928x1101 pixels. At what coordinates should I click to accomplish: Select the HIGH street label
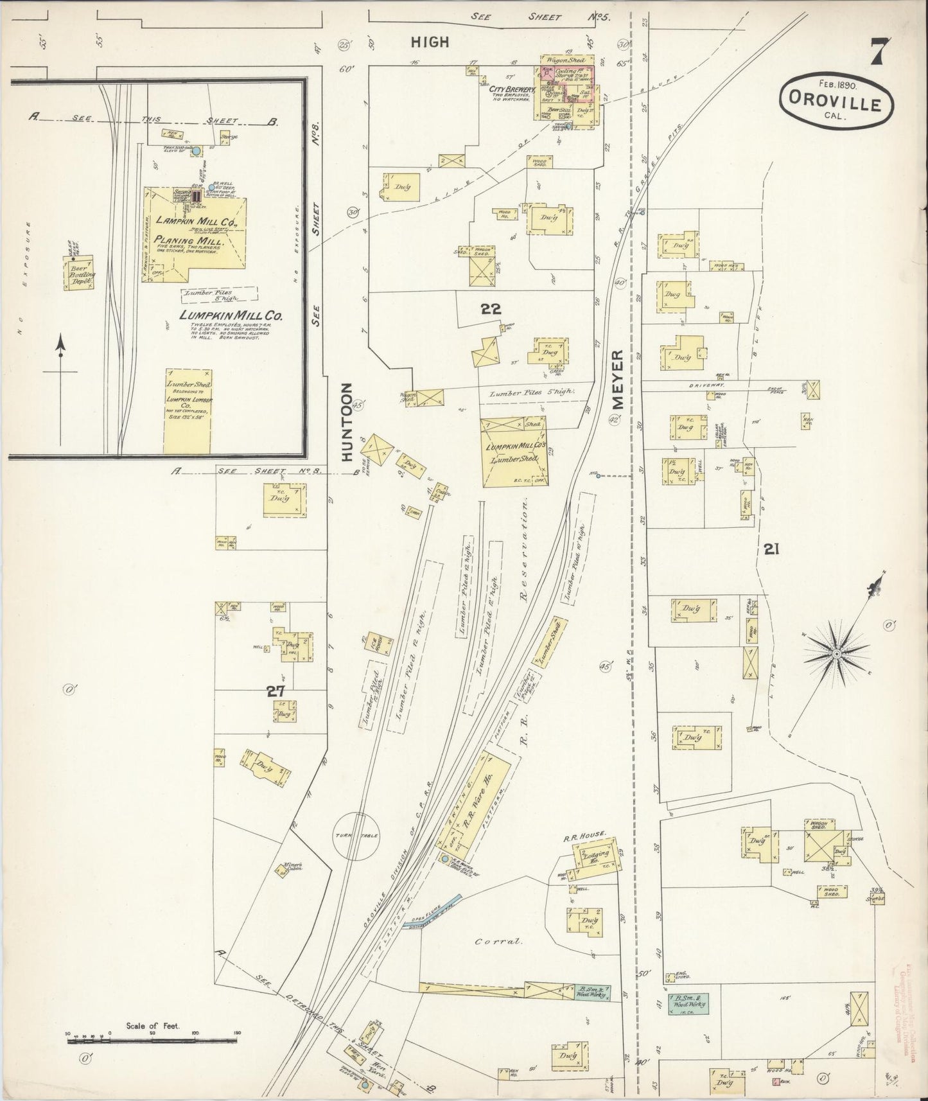click(430, 42)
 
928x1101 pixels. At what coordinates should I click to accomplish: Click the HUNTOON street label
click(347, 422)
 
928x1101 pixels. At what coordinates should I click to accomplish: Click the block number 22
click(491, 309)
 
